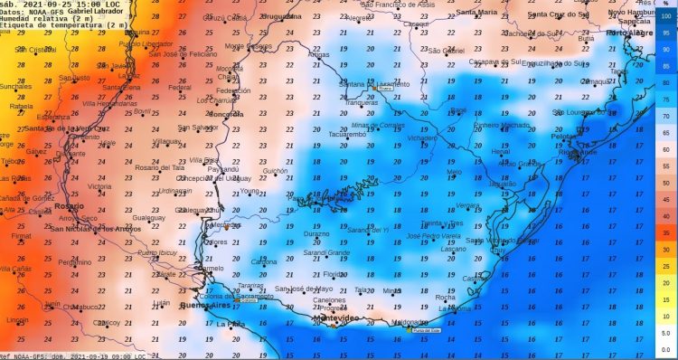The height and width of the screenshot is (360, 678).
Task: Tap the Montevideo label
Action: coord(336,320)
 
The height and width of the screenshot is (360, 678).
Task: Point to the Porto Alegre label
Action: coord(629,33)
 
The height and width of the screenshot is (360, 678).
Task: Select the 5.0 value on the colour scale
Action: coord(665,333)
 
